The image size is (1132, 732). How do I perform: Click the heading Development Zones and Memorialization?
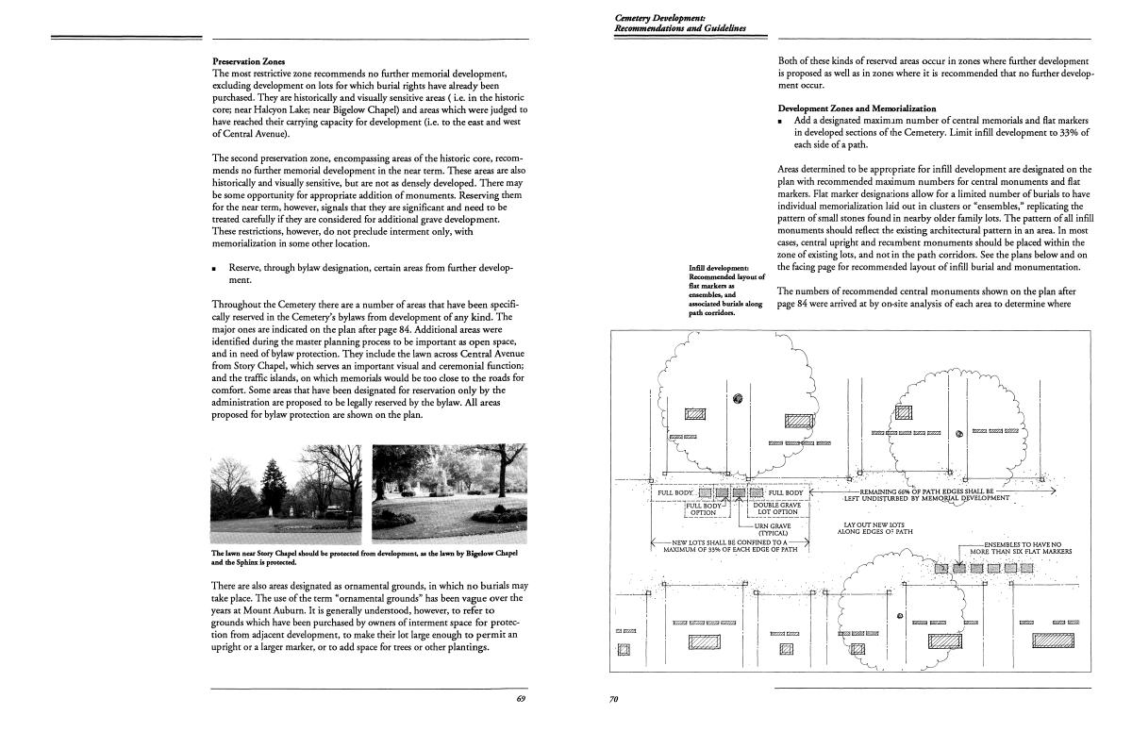(857, 108)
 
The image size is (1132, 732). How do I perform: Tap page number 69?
(521, 698)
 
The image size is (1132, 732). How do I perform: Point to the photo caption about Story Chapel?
(365, 557)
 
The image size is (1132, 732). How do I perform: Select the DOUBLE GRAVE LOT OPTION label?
(777, 508)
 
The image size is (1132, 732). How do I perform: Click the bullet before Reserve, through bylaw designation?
(216, 269)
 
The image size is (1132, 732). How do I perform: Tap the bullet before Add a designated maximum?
(782, 121)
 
